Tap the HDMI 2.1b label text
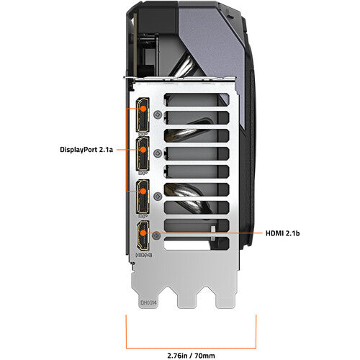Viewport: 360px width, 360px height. pyautogui.click(x=283, y=234)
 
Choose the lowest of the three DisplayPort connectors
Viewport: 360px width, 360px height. pyautogui.click(x=142, y=195)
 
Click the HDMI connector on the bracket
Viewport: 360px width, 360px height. pyautogui.click(x=143, y=236)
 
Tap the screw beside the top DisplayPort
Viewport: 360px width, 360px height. pyautogui.click(x=158, y=114)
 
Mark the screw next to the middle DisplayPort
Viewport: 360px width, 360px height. pyautogui.click(x=158, y=154)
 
